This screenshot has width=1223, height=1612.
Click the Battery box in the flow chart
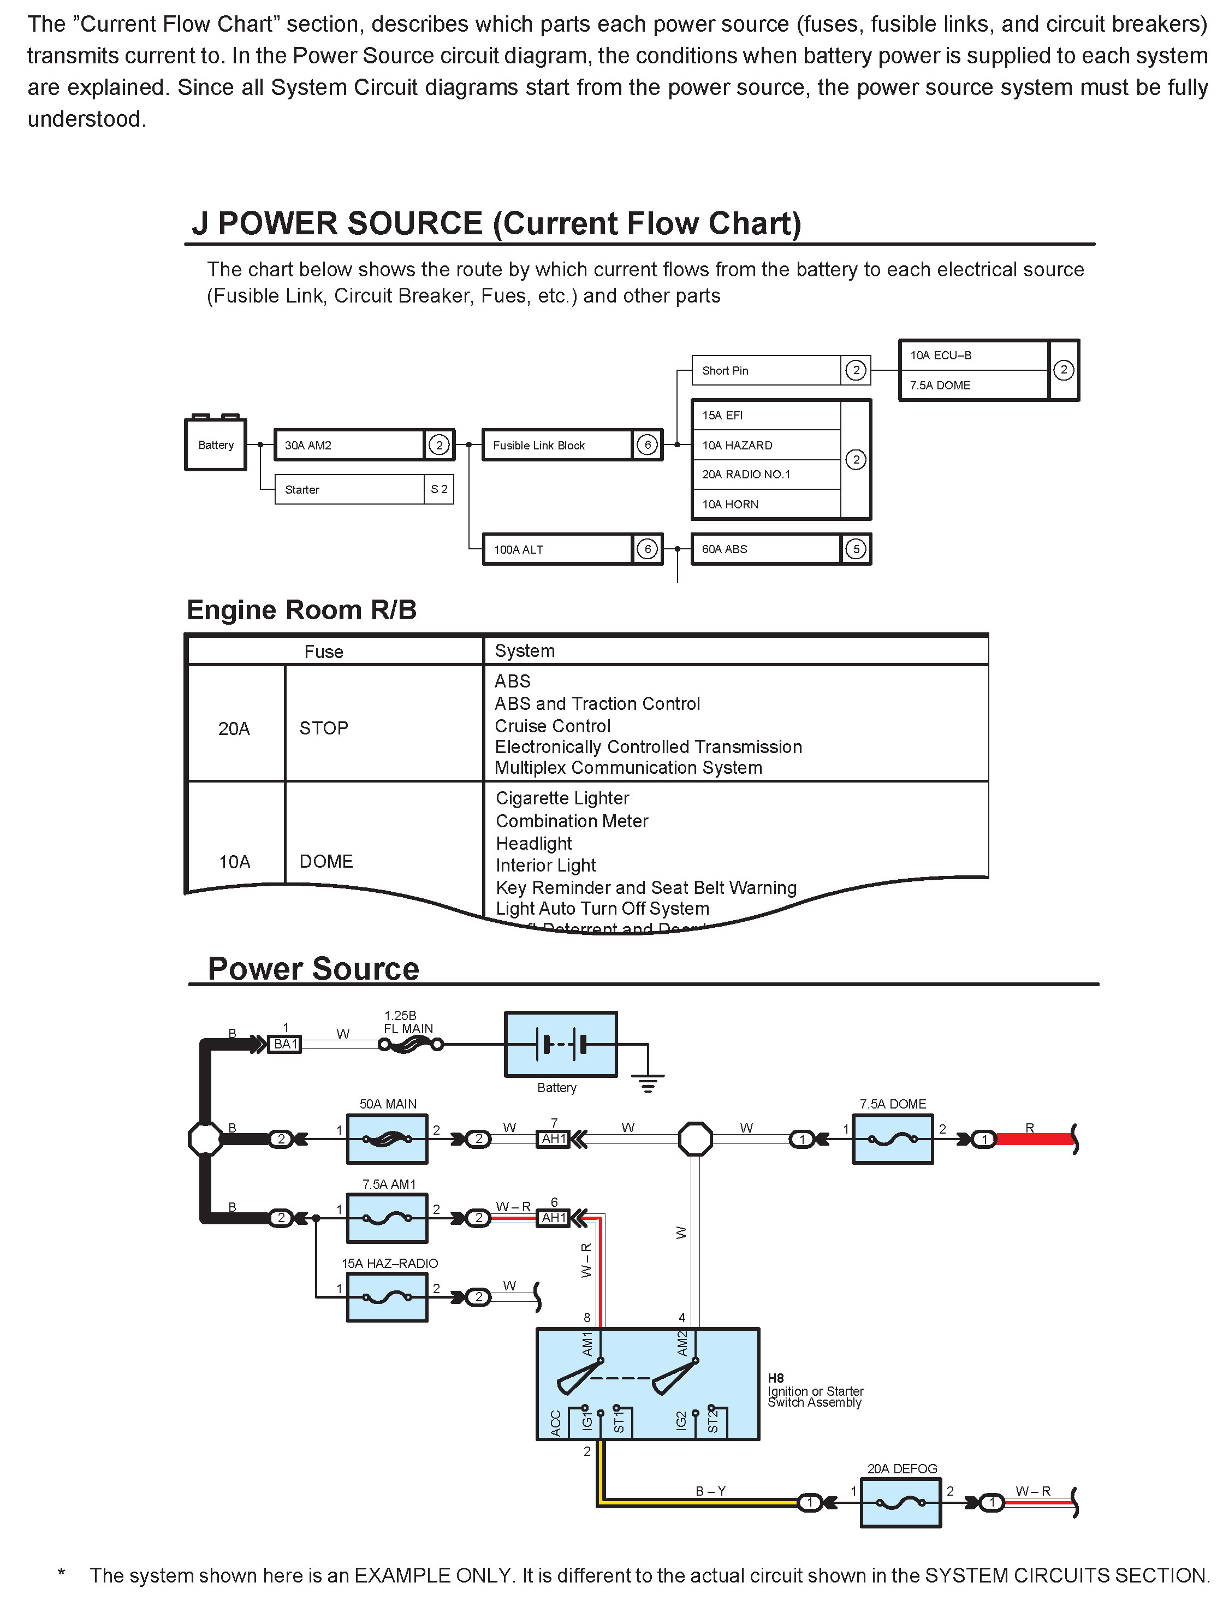pos(216,445)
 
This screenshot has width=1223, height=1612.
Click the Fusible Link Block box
pos(557,445)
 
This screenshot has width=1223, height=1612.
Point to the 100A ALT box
pos(557,549)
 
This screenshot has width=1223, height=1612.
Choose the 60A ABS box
pos(765,549)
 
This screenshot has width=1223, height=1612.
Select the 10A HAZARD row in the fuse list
pos(765,445)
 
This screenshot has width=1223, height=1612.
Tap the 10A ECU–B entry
pos(973,355)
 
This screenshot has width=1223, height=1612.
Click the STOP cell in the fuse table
pos(324,727)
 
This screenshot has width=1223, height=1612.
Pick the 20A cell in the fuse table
pos(234,728)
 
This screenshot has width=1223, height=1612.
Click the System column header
pos(525,651)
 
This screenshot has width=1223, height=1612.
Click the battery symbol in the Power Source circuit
pos(561,1044)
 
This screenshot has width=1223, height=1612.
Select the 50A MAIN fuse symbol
pos(387,1139)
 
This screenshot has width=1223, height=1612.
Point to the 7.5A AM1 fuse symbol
pos(387,1218)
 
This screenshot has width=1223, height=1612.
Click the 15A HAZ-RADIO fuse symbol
pos(387,1297)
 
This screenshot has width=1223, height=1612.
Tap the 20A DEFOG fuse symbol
pos(901,1502)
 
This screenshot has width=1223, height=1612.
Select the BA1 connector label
pos(286,1044)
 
